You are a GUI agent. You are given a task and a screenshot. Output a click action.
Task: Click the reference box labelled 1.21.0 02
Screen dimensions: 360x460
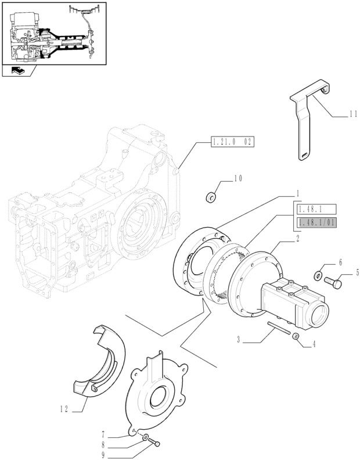pyautogui.click(x=232, y=142)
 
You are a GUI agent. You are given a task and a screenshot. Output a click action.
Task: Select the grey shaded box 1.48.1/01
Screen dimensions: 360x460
pyautogui.click(x=316, y=223)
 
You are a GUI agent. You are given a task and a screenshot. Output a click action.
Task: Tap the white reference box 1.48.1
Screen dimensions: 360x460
pyautogui.click(x=316, y=209)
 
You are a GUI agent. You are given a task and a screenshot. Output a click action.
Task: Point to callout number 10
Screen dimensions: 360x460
pyautogui.click(x=238, y=178)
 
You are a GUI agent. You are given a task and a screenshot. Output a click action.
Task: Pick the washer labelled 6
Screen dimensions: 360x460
pyautogui.click(x=318, y=275)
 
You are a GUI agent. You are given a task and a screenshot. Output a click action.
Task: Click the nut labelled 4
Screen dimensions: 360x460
pyautogui.click(x=296, y=336)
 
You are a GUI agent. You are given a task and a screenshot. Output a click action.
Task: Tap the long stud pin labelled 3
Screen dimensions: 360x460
pyautogui.click(x=279, y=328)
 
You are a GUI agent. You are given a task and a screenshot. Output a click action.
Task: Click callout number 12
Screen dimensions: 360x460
pyautogui.click(x=64, y=409)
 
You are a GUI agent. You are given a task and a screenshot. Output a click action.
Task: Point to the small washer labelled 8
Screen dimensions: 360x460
pyautogui.click(x=145, y=439)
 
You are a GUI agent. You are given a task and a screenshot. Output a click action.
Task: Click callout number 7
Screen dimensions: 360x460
pyautogui.click(x=103, y=433)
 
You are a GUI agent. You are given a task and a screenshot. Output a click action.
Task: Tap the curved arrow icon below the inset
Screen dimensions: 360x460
pyautogui.click(x=18, y=70)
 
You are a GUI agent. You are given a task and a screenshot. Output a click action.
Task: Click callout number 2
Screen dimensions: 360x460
pyautogui.click(x=297, y=239)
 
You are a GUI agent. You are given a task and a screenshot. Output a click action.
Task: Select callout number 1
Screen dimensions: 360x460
pyautogui.click(x=297, y=194)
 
